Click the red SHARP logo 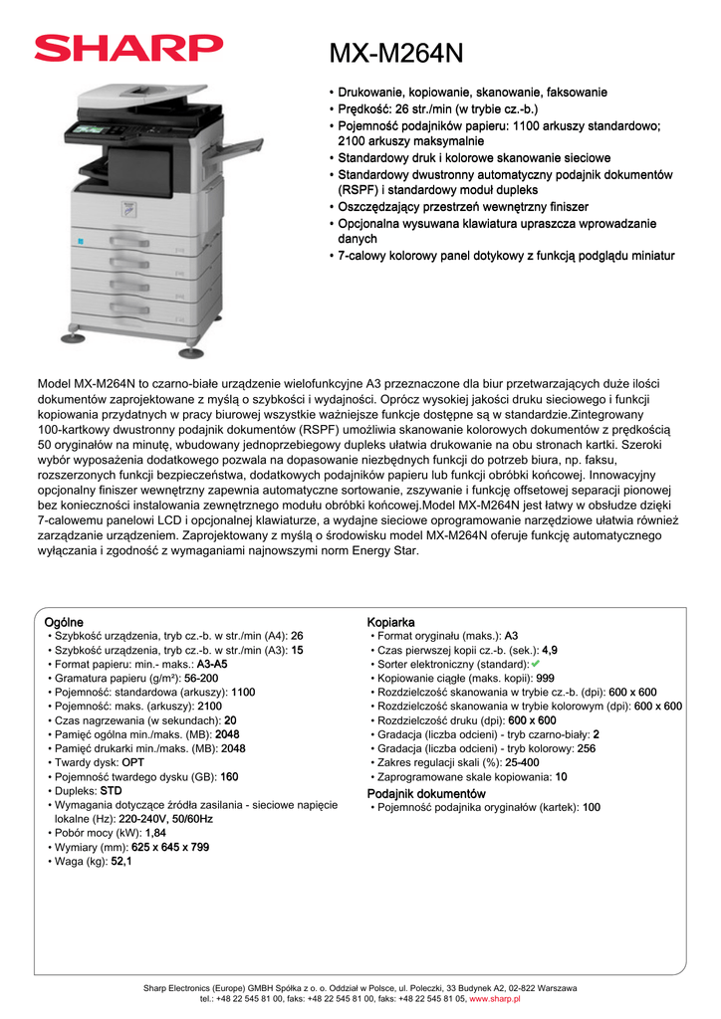(x=128, y=49)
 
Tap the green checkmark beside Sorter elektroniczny (x=535, y=663)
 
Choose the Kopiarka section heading (x=390, y=622)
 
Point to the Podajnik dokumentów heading (x=426, y=793)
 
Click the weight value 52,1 (x=121, y=861)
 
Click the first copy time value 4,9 (x=549, y=650)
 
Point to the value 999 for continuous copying (x=545, y=678)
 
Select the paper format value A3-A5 (x=211, y=664)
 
